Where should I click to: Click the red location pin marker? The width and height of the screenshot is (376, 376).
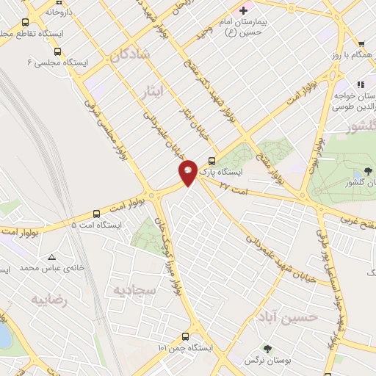click(x=188, y=172)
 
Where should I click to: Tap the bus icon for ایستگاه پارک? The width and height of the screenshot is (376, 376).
click(x=212, y=162)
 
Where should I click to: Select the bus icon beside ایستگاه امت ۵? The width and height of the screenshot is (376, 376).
click(x=96, y=214)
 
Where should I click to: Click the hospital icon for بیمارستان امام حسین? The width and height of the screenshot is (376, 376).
click(x=244, y=10)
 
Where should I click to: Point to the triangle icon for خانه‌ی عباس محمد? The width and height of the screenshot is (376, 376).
click(x=51, y=257)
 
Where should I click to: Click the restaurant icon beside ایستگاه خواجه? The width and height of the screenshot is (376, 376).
click(x=360, y=84)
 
